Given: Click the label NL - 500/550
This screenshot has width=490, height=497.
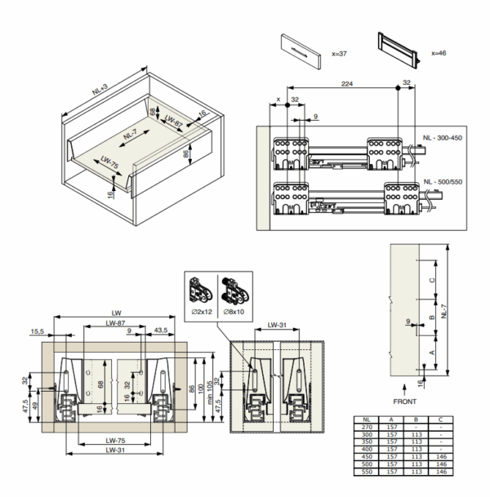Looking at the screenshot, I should tap(442, 181).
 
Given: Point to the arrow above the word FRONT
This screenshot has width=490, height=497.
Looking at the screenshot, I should tap(403, 386).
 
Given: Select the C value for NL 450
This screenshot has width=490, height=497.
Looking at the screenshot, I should tap(441, 455).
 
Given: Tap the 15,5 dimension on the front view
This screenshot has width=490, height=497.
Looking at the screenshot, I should tap(36, 331).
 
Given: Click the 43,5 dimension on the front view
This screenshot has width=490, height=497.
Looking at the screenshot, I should tap(160, 331).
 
